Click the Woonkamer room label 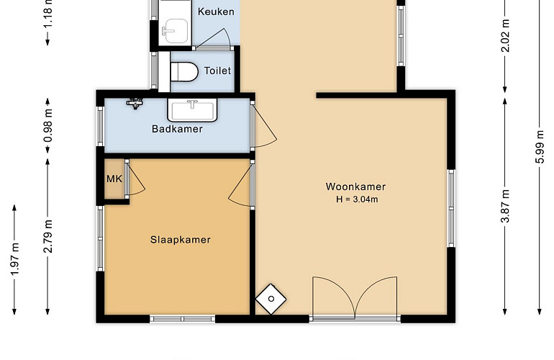click(x=355, y=186)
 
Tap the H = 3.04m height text click(x=357, y=199)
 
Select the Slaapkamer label click(x=181, y=240)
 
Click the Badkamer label click(x=177, y=129)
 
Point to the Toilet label click(x=217, y=71)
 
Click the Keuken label click(x=216, y=12)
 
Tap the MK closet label click(x=114, y=179)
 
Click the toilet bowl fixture click(x=184, y=72)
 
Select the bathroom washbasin click(x=192, y=111)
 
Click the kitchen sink click(x=175, y=31)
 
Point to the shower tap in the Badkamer click(x=135, y=103)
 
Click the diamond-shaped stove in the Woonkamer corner click(x=271, y=299)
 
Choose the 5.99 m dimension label click(x=540, y=147)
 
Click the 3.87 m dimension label click(x=505, y=206)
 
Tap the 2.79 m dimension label click(x=48, y=236)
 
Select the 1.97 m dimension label click(x=14, y=259)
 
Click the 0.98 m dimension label click(x=48, y=125)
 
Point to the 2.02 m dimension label click(x=505, y=35)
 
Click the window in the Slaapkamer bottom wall click(x=182, y=319)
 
